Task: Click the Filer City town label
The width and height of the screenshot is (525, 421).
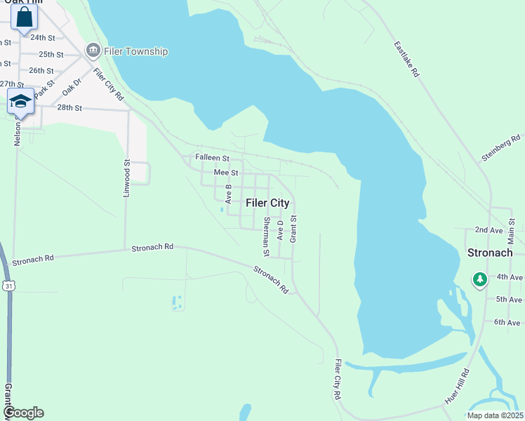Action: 267,203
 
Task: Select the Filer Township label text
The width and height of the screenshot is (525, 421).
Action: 136,51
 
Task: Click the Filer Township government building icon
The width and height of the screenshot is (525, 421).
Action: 93,51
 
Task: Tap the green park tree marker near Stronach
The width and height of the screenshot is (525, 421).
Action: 480,280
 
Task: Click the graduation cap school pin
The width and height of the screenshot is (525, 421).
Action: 21,101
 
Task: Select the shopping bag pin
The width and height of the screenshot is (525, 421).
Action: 24,16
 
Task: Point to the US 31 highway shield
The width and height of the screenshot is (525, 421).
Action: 8,286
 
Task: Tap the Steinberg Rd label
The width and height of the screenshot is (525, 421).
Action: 503,148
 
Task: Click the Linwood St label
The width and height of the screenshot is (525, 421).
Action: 127,178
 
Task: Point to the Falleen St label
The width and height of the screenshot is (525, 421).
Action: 212,159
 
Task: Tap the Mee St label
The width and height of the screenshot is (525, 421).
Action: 226,173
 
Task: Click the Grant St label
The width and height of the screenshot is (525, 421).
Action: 293,229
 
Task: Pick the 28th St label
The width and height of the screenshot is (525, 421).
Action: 69,107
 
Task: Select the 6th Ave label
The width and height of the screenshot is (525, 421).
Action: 508,322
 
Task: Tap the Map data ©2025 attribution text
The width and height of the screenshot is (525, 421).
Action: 494,415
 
